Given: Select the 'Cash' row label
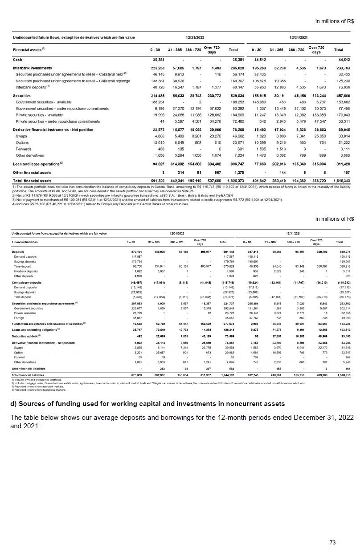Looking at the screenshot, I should [18, 59].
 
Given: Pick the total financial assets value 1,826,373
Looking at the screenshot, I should [234, 181].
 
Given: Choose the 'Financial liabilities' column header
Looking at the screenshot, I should [25, 242].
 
